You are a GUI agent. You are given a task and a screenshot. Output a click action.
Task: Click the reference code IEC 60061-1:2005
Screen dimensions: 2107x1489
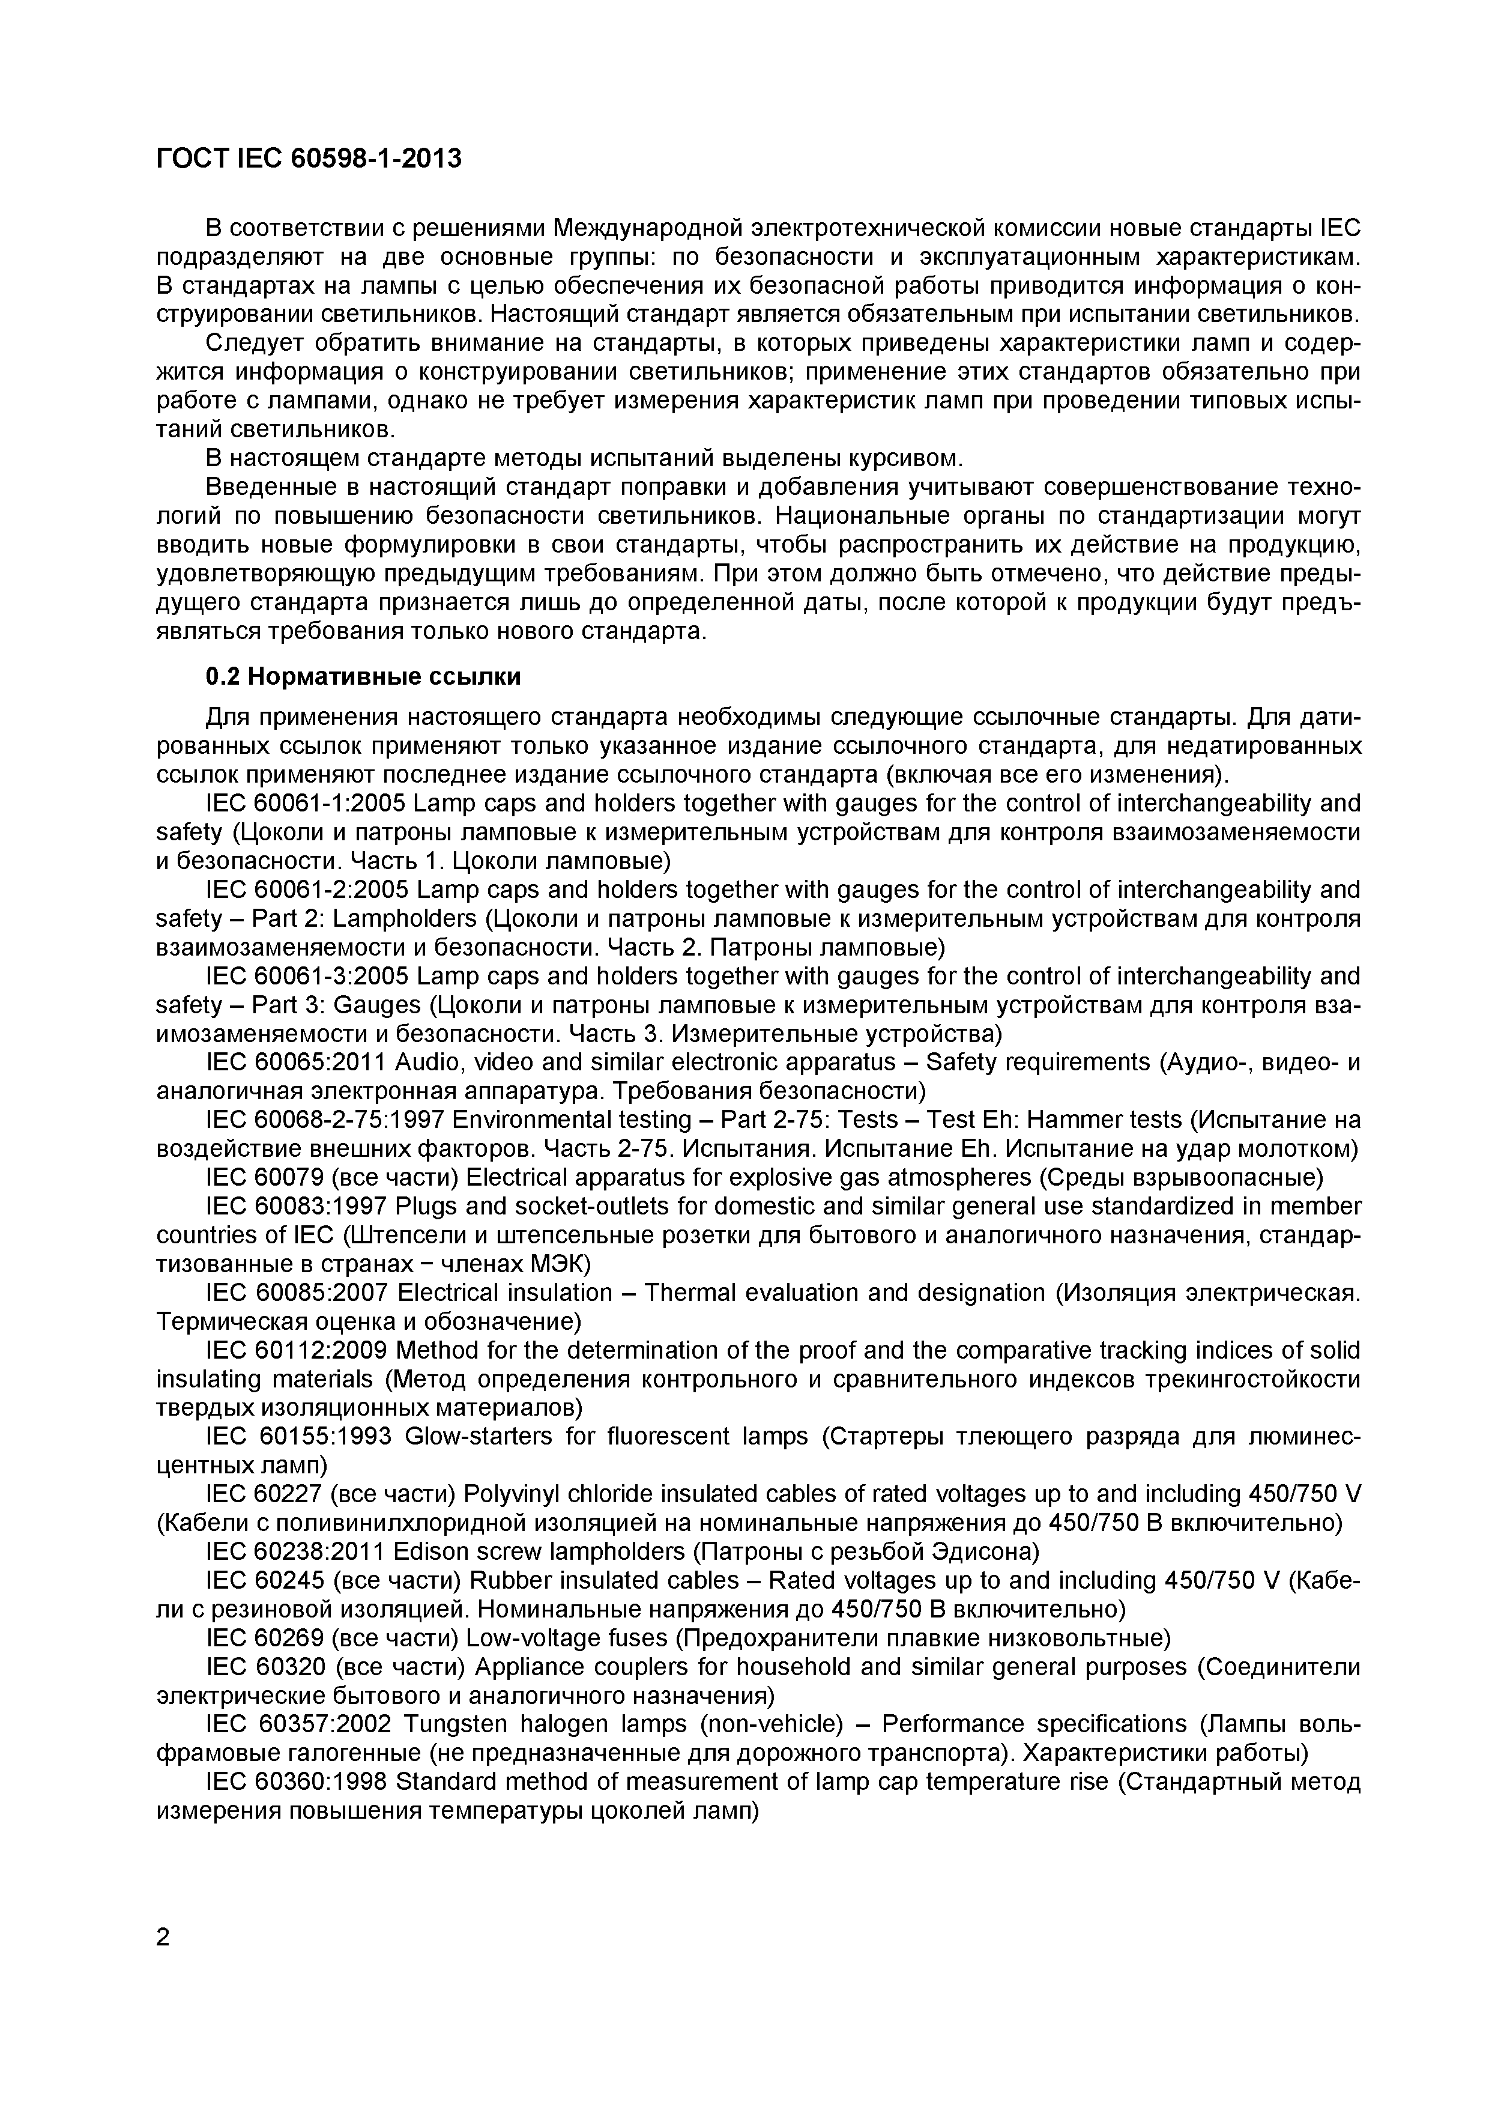[x=306, y=804]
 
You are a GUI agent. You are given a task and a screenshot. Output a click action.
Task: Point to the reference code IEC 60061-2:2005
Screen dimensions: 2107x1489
[x=306, y=890]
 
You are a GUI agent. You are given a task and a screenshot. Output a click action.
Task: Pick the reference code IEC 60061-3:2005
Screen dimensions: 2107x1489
[x=306, y=977]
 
